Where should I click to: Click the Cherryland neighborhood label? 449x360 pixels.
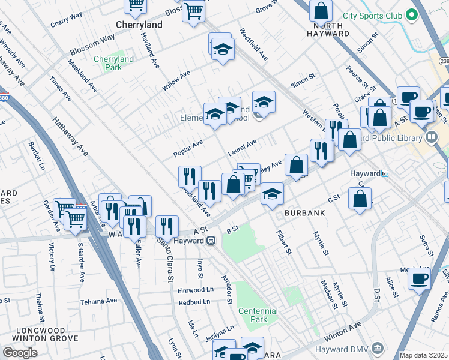click(139, 25)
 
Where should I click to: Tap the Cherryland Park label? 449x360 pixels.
click(113, 63)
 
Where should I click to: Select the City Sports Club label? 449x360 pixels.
click(370, 15)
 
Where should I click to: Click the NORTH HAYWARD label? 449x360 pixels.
click(328, 29)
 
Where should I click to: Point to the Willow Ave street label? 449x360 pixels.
click(176, 81)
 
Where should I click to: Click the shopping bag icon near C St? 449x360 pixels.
click(360, 199)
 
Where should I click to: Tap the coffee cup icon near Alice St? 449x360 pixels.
click(419, 278)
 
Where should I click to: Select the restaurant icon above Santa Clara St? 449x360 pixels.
click(167, 226)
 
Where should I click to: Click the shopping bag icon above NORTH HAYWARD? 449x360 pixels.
click(321, 10)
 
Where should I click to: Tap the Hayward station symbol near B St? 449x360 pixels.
click(211, 241)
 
